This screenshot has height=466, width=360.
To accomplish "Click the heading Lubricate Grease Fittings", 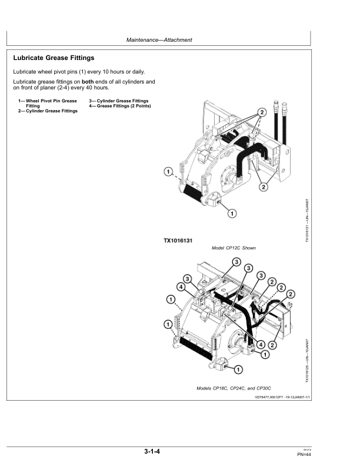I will tap(54, 58).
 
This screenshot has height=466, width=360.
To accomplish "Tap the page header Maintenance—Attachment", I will tap(159, 40).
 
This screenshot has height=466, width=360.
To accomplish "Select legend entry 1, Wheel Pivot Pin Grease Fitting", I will tap(49, 103).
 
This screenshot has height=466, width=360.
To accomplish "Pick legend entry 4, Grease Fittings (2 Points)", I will tap(120, 106).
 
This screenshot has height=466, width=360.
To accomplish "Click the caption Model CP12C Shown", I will tap(234, 248).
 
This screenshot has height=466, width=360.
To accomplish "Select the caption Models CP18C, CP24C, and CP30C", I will tap(234, 390).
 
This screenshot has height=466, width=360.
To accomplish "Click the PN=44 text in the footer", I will tap(304, 455).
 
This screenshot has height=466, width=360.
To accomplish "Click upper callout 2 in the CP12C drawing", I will tap(262, 112).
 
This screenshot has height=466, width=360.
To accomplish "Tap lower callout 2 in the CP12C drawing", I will tap(263, 187).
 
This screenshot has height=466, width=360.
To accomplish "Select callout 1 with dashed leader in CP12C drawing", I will tap(168, 172).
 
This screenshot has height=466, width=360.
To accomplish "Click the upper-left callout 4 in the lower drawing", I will tap(181, 287).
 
